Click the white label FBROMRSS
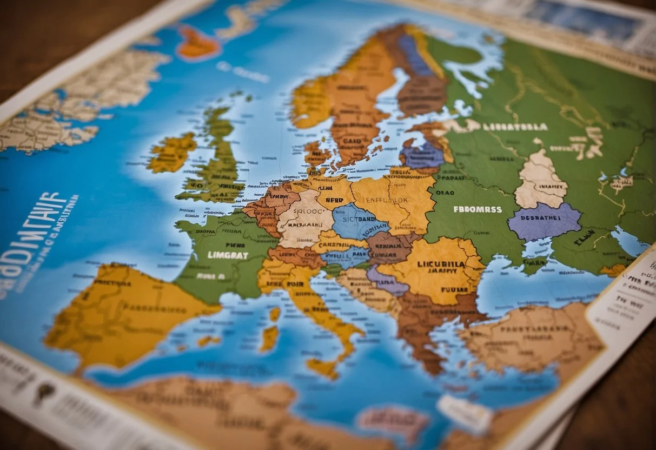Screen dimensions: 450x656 click(477, 209)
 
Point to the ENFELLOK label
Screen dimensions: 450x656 click(388, 199)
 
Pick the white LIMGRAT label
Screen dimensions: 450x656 click(228, 255)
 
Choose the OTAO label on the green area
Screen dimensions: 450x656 click(445, 191)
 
